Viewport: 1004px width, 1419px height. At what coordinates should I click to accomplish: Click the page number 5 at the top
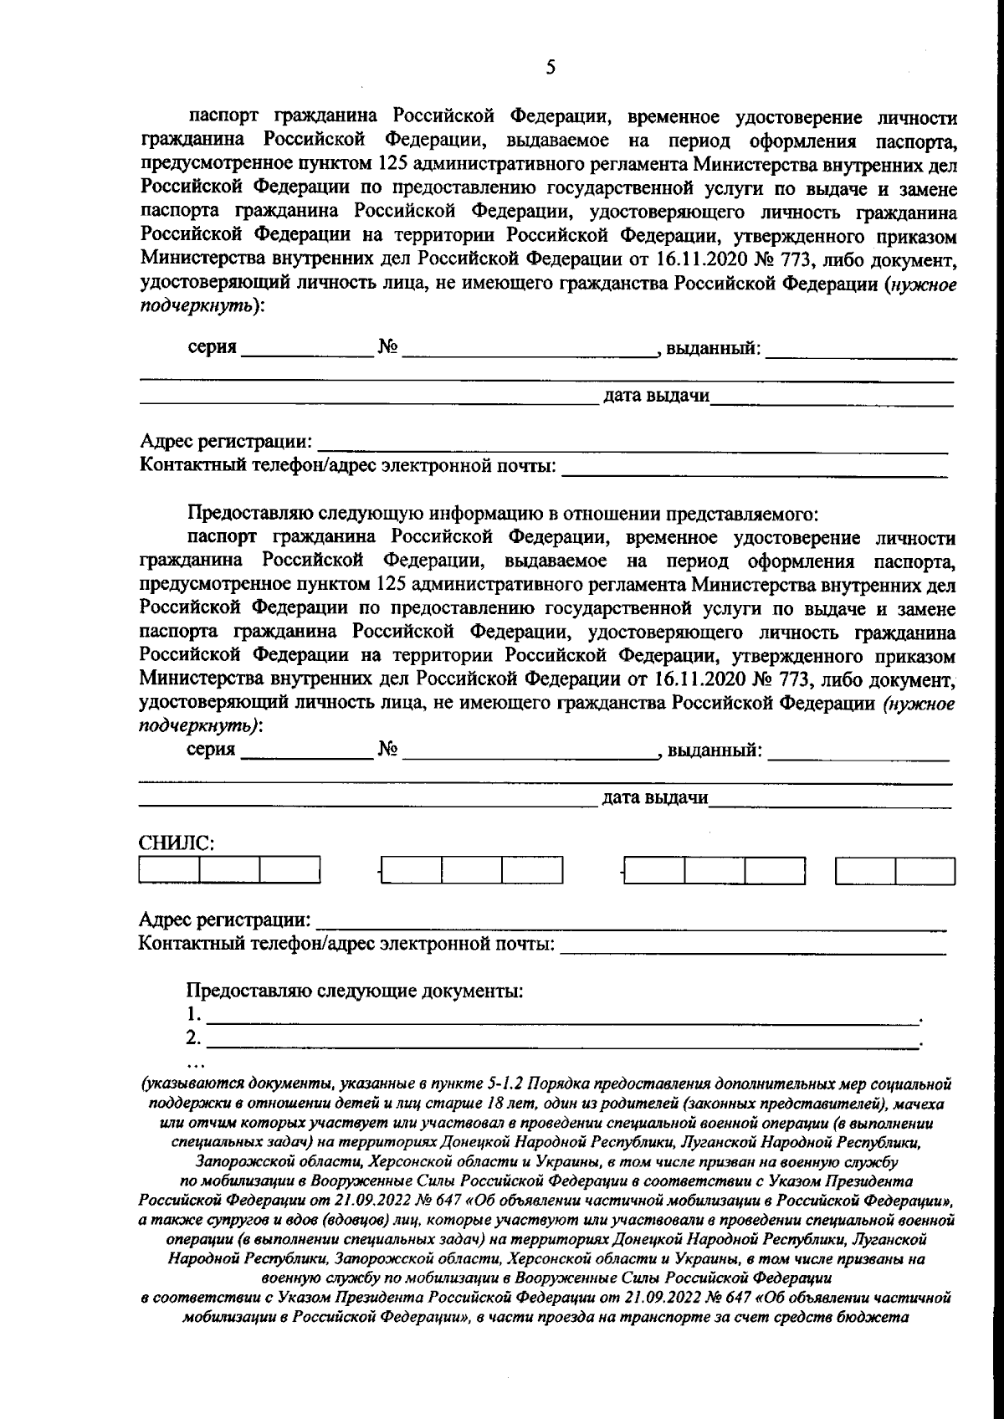point(550,69)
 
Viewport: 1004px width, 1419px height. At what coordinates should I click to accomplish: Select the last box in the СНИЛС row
point(925,872)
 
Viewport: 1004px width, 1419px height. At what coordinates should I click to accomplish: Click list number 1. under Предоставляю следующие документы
point(194,1015)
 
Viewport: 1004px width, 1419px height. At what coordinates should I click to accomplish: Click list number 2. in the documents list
point(194,1038)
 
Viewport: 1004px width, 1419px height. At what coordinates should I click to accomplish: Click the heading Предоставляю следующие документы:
point(355,991)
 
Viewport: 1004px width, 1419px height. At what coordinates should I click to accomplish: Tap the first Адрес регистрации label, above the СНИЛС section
point(226,441)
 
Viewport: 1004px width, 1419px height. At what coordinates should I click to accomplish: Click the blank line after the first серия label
point(306,350)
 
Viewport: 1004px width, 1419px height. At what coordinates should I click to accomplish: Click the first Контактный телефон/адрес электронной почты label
point(347,465)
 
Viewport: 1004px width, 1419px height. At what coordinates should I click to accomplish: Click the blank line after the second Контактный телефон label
point(753,947)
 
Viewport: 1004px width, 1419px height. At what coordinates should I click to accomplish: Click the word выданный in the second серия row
point(715,749)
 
